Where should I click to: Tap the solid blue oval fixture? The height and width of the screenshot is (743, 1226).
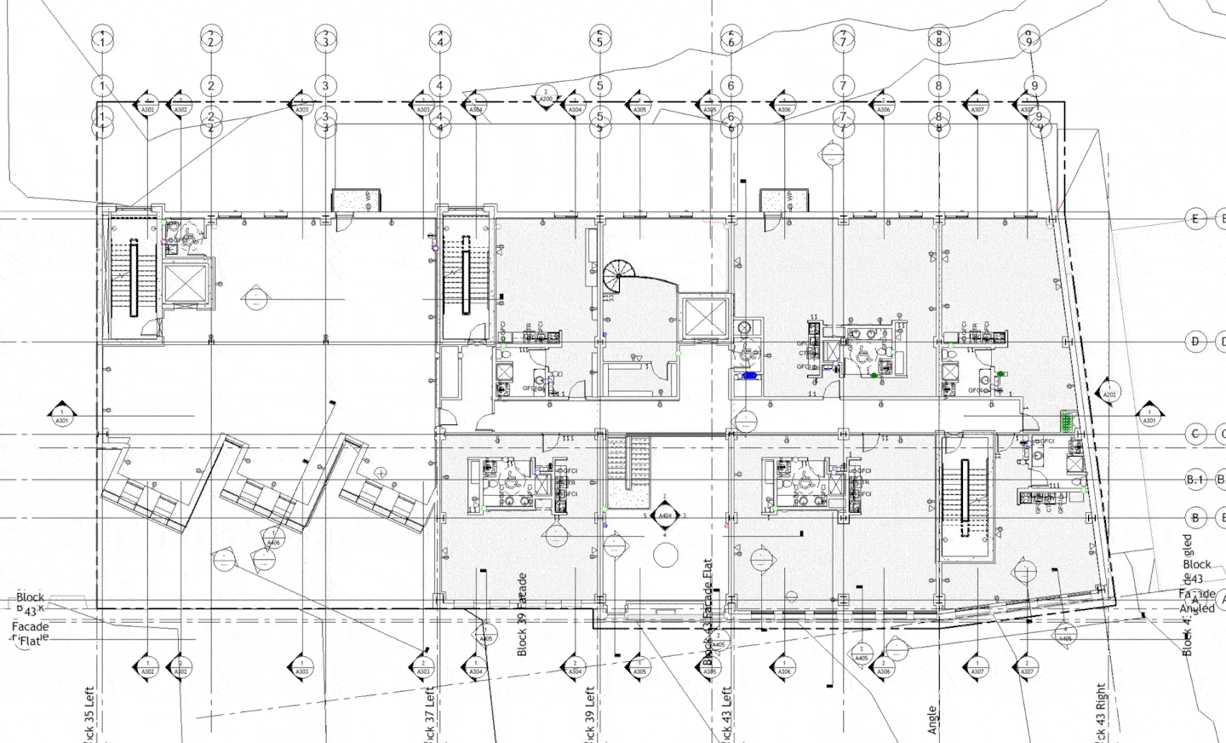coord(749,375)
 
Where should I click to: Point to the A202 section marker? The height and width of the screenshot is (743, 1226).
coord(1109,391)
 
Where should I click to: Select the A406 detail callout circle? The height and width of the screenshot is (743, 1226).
coord(272,539)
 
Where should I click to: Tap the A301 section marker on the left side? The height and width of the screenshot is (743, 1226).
coord(62,415)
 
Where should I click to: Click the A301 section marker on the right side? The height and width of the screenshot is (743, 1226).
coord(1149,416)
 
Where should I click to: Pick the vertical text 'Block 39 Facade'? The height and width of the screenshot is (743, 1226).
coord(523,613)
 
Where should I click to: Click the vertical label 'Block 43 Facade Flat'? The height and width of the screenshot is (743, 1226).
coord(707,612)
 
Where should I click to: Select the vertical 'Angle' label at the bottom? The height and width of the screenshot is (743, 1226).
coord(932,720)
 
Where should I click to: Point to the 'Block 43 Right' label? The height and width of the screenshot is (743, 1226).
coord(1101,711)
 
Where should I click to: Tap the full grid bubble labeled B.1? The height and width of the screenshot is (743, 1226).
coord(1195,480)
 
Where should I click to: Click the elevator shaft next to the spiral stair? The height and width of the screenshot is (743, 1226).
coord(706,320)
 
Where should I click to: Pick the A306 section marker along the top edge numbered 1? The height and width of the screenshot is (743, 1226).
coord(784,105)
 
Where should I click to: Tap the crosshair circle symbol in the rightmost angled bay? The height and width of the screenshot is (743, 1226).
coord(380,471)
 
